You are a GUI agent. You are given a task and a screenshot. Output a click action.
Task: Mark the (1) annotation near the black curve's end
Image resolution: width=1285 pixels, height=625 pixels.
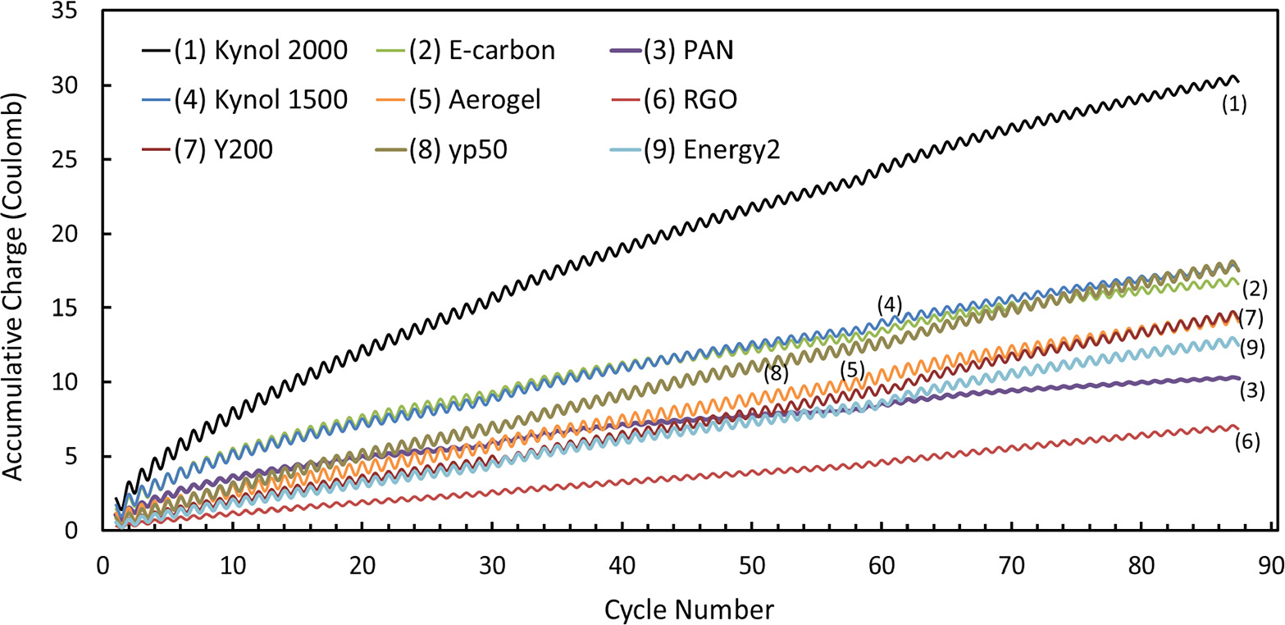1234,105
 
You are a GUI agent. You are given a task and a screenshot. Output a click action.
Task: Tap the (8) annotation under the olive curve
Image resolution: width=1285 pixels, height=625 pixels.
776,374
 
